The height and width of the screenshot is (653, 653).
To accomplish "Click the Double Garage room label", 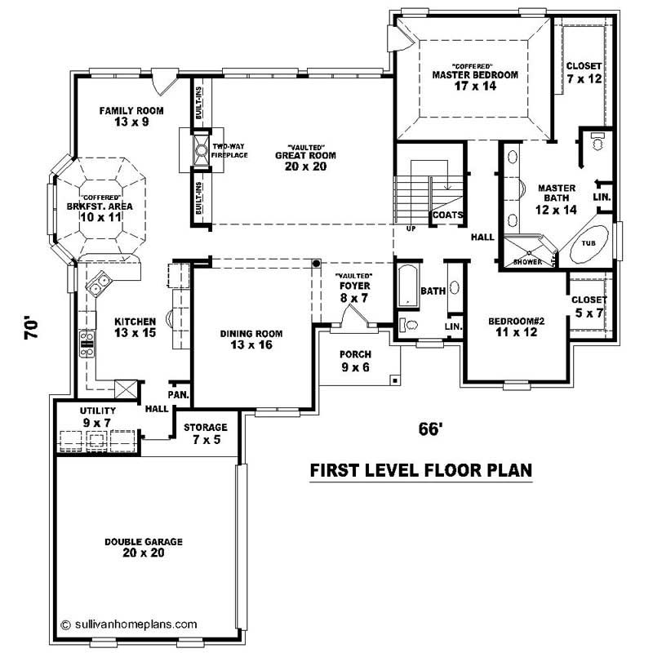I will pyautogui.click(x=143, y=547).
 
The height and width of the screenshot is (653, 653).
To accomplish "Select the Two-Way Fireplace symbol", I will pyautogui.click(x=198, y=149).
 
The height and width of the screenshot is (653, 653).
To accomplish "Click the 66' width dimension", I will pyautogui.click(x=429, y=429).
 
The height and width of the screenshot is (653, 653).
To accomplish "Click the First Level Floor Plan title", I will pyautogui.click(x=420, y=470).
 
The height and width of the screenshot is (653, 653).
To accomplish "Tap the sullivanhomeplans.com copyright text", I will pyautogui.click(x=129, y=624).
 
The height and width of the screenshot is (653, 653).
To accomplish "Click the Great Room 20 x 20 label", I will pyautogui.click(x=305, y=155).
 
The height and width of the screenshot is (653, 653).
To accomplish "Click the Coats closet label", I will pyautogui.click(x=448, y=215).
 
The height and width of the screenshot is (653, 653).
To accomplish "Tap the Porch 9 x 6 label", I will pyautogui.click(x=356, y=361).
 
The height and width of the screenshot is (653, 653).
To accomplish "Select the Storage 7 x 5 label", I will pyautogui.click(x=205, y=433).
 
